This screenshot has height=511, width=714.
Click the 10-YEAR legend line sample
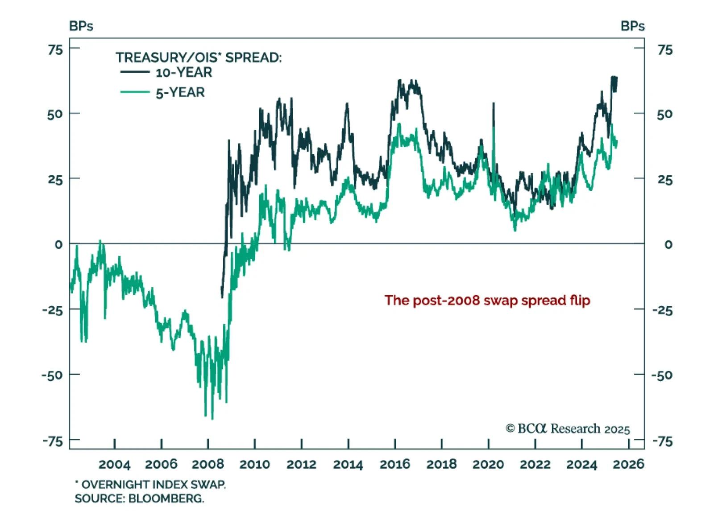135,72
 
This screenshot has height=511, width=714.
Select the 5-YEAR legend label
180,92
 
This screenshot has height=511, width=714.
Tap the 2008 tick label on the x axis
208,464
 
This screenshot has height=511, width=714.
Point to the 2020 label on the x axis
488,464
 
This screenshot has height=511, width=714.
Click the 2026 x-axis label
628,464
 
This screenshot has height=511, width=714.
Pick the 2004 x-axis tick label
115,464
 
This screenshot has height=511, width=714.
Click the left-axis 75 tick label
56,49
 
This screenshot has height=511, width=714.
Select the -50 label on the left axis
53,375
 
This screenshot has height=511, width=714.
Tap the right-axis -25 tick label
662,310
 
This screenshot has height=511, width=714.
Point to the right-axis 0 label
668,244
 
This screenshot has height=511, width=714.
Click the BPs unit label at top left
81,26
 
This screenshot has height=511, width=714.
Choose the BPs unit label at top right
632,26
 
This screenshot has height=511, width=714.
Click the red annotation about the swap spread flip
487,300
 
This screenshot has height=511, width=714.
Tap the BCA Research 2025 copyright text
568,429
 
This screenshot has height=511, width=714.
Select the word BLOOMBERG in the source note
166,498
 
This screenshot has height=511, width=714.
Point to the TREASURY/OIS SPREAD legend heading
199,58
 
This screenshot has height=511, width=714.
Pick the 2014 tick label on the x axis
348,464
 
